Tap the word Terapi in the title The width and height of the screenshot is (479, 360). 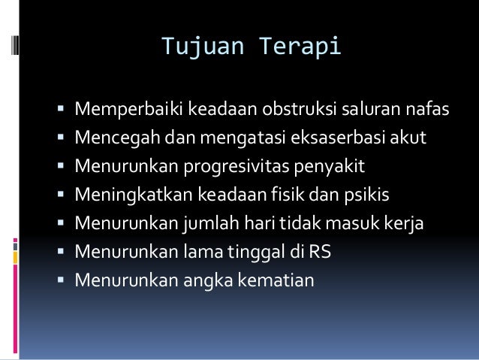(301, 46)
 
